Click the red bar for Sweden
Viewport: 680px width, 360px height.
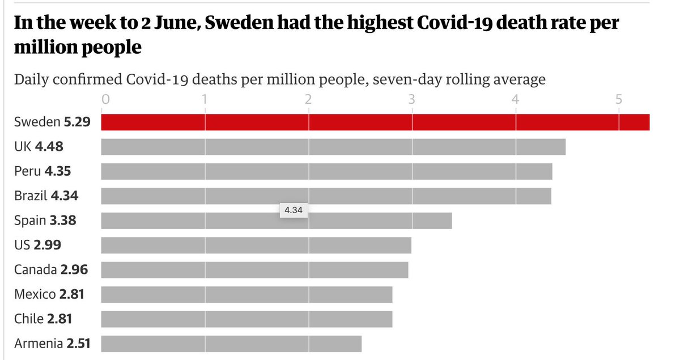(375, 122)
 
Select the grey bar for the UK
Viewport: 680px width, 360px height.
(333, 147)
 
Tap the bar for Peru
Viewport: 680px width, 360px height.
(326, 171)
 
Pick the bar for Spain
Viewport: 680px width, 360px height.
(276, 221)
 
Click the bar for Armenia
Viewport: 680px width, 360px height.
(231, 344)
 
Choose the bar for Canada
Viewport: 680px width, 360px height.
(254, 270)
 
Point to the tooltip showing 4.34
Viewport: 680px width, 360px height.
(293, 210)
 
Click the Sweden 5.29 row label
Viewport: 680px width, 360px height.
(52, 122)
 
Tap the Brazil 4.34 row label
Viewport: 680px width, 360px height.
(46, 196)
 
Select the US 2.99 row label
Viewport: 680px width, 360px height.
(37, 245)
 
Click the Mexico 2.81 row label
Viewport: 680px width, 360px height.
(50, 294)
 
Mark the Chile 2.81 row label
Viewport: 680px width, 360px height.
(43, 319)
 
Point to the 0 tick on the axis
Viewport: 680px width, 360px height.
(105, 100)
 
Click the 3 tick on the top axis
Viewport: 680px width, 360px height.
(412, 100)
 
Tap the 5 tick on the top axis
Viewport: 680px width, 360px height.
(619, 100)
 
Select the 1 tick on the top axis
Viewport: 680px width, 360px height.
(205, 100)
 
